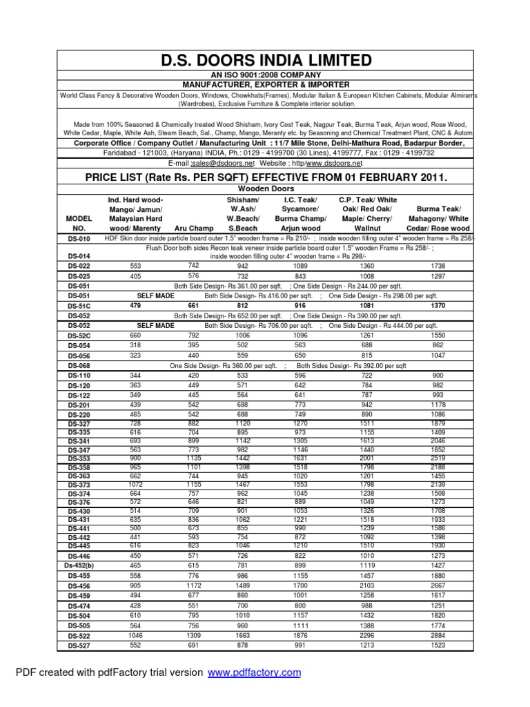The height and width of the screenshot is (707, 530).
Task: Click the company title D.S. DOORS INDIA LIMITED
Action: (265, 61)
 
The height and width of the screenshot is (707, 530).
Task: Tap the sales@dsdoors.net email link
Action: (220, 164)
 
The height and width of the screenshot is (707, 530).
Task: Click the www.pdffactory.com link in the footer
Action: (254, 672)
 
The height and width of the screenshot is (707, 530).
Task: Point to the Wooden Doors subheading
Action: (265, 188)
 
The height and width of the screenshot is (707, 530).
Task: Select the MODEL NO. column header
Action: (79, 222)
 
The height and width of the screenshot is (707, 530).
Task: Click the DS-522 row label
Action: (79, 636)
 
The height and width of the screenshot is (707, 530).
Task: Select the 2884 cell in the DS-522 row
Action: (438, 635)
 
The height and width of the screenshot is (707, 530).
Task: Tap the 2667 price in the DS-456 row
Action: (438, 585)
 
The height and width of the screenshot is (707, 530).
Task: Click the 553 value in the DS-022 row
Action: (135, 266)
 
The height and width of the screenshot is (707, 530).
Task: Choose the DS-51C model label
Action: (79, 305)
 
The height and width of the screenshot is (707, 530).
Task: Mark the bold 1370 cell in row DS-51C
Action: (438, 304)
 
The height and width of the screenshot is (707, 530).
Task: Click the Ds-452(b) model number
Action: (79, 565)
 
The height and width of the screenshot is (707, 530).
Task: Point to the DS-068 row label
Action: (79, 365)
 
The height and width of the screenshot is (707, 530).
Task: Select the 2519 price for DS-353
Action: (438, 457)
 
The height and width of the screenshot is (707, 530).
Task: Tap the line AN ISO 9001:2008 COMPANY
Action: (265, 75)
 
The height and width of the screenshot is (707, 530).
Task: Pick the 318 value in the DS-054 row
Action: (135, 345)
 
